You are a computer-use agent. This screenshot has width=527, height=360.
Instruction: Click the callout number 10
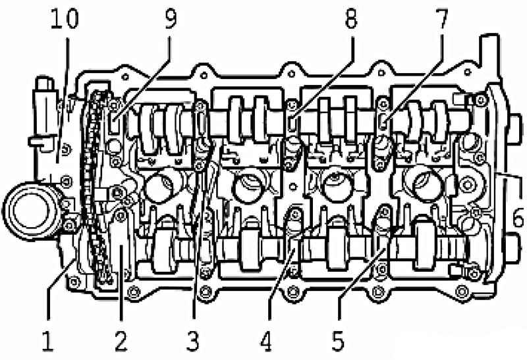coord(65,18)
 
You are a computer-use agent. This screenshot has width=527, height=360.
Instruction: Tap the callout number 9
coord(170,18)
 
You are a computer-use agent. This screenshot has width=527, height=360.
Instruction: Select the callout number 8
coord(350,18)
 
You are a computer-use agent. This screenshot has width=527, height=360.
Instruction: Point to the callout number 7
coord(441,18)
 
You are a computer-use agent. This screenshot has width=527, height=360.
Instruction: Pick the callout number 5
coord(338,340)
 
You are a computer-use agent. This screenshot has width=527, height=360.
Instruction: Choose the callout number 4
coord(266,340)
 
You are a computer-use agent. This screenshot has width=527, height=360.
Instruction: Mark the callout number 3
coord(193,340)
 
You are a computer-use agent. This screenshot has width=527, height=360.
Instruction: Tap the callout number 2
coord(121,340)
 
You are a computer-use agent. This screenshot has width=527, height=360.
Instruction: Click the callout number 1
coord(47,340)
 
